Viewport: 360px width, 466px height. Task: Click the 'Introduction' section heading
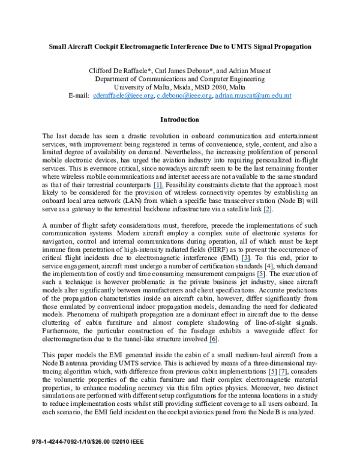180,120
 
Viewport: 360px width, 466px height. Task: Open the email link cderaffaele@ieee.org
122,95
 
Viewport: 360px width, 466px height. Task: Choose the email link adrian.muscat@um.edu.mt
253,95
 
